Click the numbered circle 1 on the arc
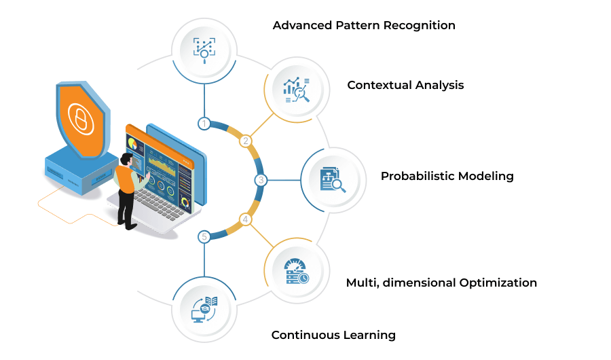pos(204,124)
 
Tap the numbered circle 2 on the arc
pos(246,141)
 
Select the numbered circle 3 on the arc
pos(261,180)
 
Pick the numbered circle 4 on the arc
pos(245,219)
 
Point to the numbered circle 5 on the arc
pos(204,237)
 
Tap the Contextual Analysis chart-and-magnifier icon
pos(297,90)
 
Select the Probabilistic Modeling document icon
pos(333,180)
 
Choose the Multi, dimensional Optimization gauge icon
pos(297,271)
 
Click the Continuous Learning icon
pos(204,310)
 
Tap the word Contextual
pos(374,85)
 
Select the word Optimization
pos(498,283)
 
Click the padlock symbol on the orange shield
pos(81,118)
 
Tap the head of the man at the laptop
pos(126,159)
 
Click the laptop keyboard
pos(160,204)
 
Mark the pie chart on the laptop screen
pos(132,143)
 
